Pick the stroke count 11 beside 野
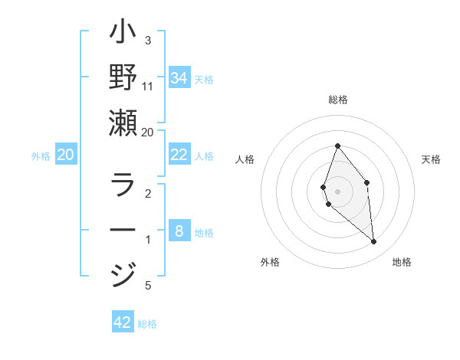click(148, 86)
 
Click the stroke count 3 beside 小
click(148, 40)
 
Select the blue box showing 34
click(179, 78)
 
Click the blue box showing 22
click(179, 155)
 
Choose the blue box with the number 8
click(179, 231)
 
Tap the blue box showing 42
click(123, 322)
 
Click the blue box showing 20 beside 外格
click(65, 155)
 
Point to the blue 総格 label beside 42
click(147, 324)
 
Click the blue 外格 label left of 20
click(41, 156)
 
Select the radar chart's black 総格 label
click(337, 100)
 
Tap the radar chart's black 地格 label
click(402, 262)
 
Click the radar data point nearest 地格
click(373, 242)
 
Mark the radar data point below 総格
click(337, 146)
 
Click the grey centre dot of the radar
click(337, 191)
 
